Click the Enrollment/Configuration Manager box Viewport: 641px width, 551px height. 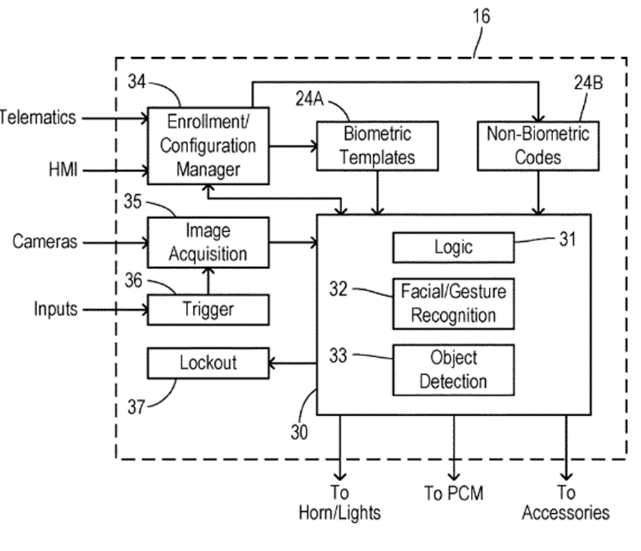pyautogui.click(x=208, y=145)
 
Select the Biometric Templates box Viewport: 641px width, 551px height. pyautogui.click(x=377, y=145)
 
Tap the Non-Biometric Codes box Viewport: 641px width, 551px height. pyautogui.click(x=537, y=145)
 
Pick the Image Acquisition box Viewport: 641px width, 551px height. pyautogui.click(x=208, y=242)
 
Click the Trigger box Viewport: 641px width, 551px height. pyautogui.click(x=208, y=310)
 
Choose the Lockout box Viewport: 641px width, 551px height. pyautogui.click(x=208, y=363)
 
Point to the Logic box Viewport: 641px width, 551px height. pyautogui.click(x=453, y=247)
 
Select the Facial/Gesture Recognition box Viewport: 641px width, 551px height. pyautogui.click(x=453, y=303)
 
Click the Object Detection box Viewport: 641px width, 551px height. pyautogui.click(x=453, y=370)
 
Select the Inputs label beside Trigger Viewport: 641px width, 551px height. pyautogui.click(x=56, y=310)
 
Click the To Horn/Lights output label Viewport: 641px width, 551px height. pyautogui.click(x=339, y=502)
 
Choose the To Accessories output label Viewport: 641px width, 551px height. pyautogui.click(x=566, y=502)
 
